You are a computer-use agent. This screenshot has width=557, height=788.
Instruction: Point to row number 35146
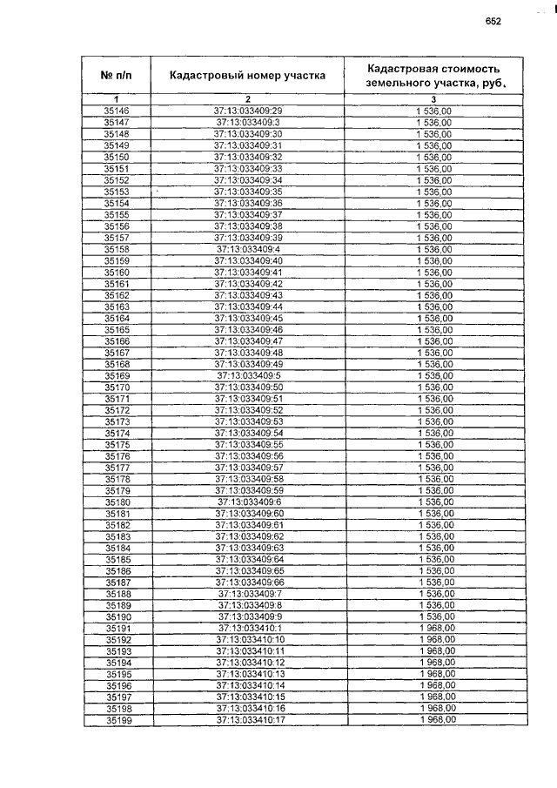click(116, 111)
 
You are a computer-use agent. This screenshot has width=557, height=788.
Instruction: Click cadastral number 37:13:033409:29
click(248, 111)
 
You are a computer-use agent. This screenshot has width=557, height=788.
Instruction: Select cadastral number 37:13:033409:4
click(248, 249)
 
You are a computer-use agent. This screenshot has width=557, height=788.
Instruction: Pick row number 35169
click(116, 375)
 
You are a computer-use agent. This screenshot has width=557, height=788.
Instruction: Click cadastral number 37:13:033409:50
click(248, 387)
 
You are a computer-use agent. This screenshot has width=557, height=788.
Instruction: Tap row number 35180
click(116, 502)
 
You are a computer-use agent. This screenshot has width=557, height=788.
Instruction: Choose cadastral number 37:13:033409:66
click(248, 583)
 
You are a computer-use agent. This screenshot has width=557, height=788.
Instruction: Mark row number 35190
click(116, 616)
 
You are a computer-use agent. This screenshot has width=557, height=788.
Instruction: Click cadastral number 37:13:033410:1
click(248, 628)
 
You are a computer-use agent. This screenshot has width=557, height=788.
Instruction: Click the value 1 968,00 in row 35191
click(435, 628)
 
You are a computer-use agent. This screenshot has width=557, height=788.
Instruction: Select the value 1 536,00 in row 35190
click(435, 616)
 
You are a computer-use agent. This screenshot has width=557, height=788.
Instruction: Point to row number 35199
click(116, 720)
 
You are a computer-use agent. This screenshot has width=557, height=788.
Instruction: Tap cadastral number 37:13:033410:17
click(248, 720)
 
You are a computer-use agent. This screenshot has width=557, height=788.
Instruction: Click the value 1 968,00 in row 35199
click(435, 720)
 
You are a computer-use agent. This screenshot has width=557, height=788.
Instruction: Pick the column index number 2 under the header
click(248, 100)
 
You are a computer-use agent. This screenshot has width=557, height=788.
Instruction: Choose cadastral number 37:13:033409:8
click(248, 605)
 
